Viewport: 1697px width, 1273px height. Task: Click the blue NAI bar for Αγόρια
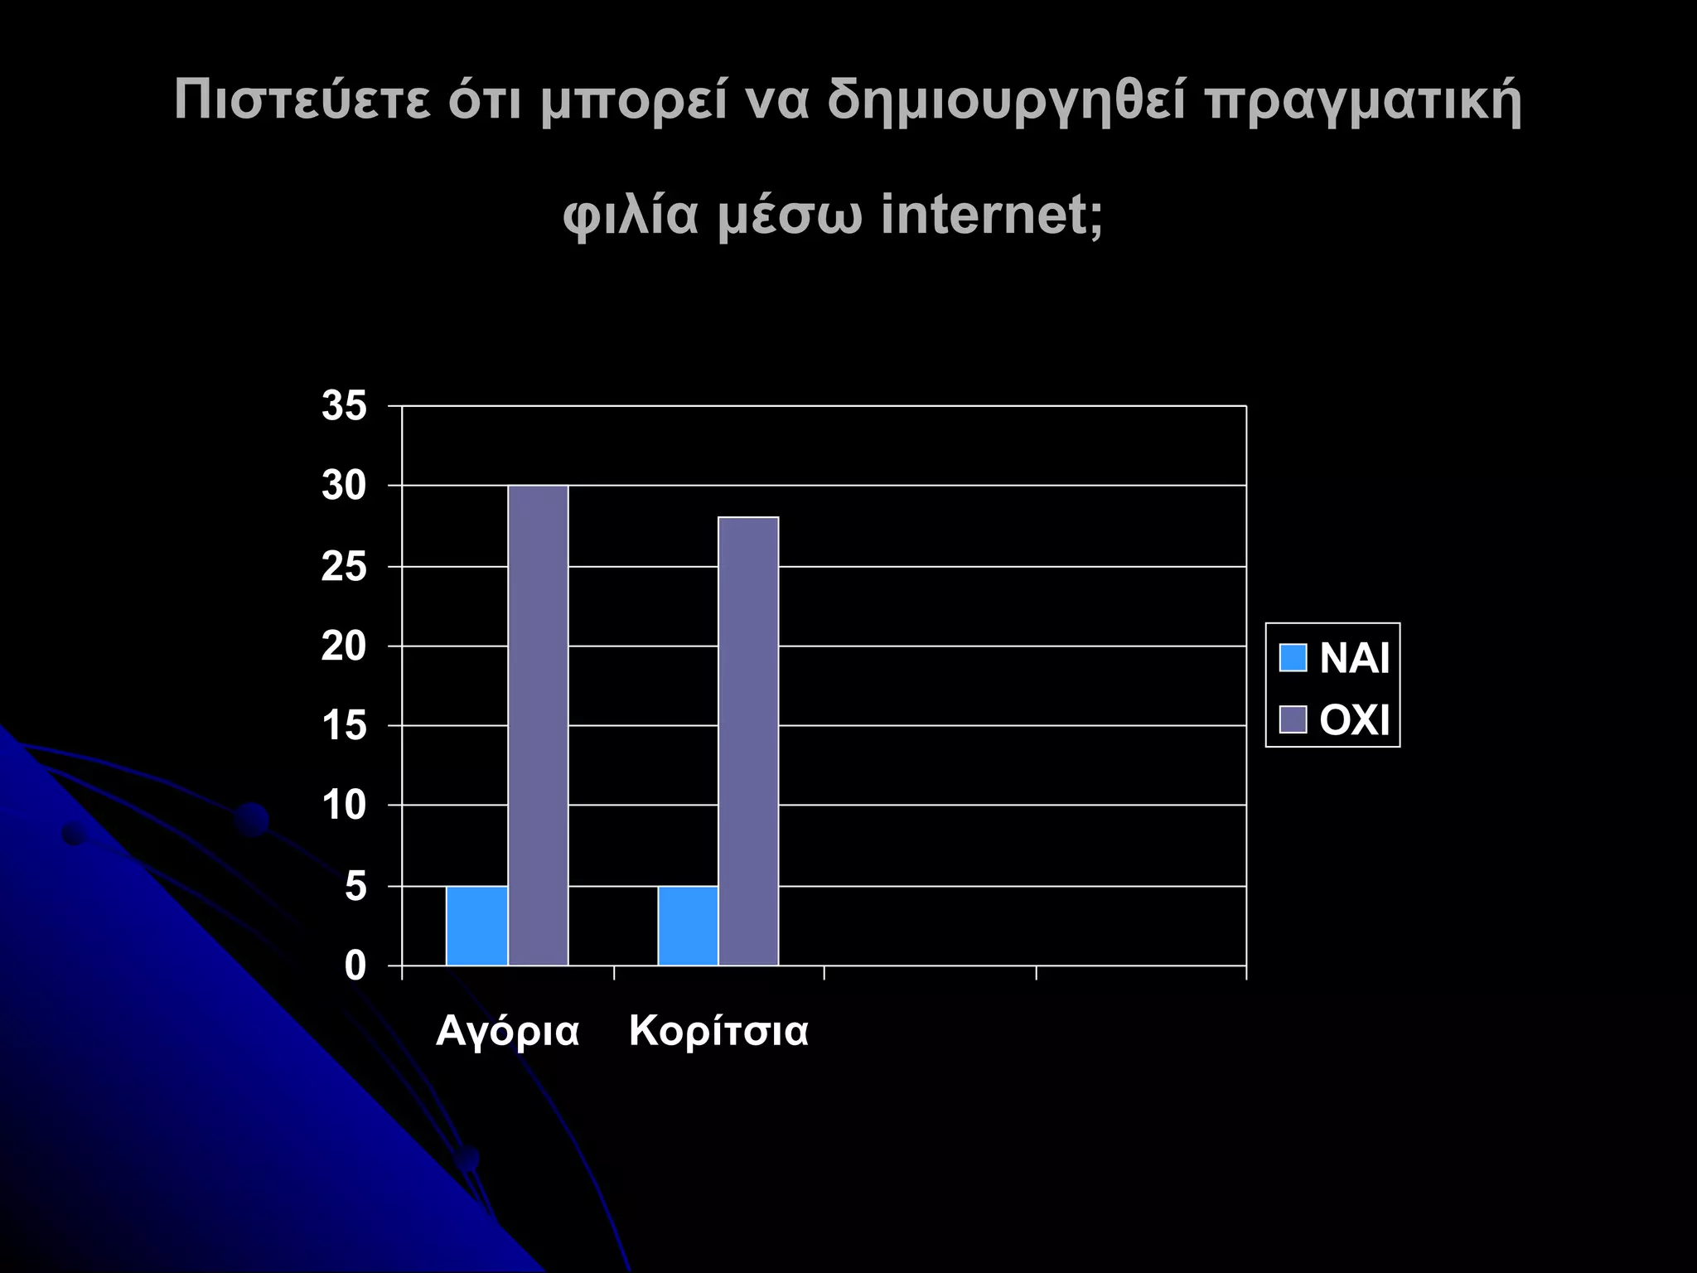tap(476, 926)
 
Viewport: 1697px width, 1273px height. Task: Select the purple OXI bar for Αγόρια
tap(538, 725)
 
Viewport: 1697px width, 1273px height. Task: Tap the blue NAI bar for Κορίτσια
tap(688, 926)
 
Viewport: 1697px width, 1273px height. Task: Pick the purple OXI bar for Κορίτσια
tap(748, 741)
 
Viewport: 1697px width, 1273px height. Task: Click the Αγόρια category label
tap(507, 1032)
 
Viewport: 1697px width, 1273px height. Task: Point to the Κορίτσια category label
tap(718, 1032)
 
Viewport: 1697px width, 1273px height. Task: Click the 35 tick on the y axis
tap(344, 407)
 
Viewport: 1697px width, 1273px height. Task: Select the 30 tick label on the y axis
tap(344, 486)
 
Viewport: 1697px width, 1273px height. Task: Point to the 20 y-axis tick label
tap(344, 646)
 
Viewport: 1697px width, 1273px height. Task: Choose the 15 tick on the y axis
tap(344, 726)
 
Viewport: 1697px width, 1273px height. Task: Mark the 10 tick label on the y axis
tap(344, 806)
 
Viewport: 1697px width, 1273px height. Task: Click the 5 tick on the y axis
tap(355, 887)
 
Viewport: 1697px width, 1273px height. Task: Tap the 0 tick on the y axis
tap(355, 966)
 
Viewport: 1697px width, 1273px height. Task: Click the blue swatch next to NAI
tap(1293, 658)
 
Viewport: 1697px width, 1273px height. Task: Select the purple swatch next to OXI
tap(1293, 719)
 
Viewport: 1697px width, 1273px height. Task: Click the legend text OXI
tap(1354, 719)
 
